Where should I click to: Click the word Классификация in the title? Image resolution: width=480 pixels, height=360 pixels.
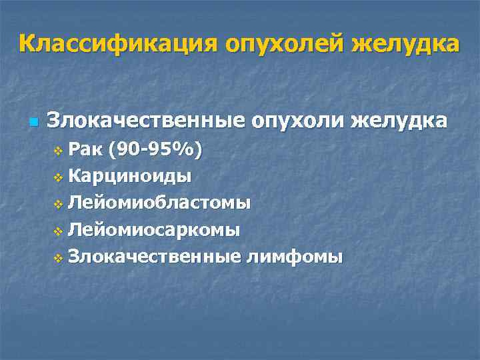[117, 44]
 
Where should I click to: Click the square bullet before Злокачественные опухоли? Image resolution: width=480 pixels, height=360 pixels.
[34, 123]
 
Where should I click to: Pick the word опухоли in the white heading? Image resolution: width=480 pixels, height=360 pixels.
[297, 122]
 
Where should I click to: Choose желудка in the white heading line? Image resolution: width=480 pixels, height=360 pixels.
[399, 122]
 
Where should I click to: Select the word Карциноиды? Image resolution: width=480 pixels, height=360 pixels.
[130, 177]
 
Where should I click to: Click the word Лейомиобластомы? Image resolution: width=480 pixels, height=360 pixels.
[159, 203]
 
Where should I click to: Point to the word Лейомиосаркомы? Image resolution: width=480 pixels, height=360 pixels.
[154, 230]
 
